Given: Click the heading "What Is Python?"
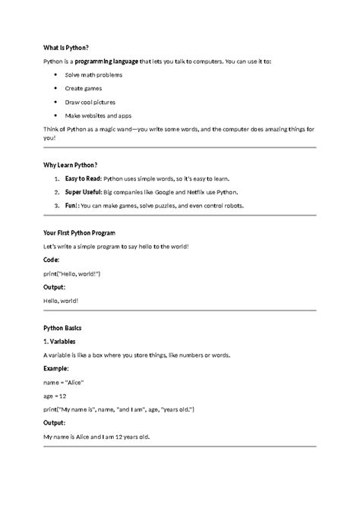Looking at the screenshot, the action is pyautogui.click(x=66, y=46).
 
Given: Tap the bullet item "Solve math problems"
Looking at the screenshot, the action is pyautogui.click(x=93, y=74).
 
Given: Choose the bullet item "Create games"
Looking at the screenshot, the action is pyautogui.click(x=84, y=88).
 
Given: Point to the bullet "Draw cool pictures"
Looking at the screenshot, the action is pyautogui.click(x=91, y=101).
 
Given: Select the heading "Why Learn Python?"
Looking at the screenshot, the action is pyautogui.click(x=71, y=164).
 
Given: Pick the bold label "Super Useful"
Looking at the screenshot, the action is pyautogui.click(x=84, y=191).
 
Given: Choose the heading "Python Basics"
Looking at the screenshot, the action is pyautogui.click(x=63, y=327).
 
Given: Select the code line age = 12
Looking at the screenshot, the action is pyautogui.click(x=56, y=395).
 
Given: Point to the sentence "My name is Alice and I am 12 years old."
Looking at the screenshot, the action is pyautogui.click(x=97, y=436).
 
